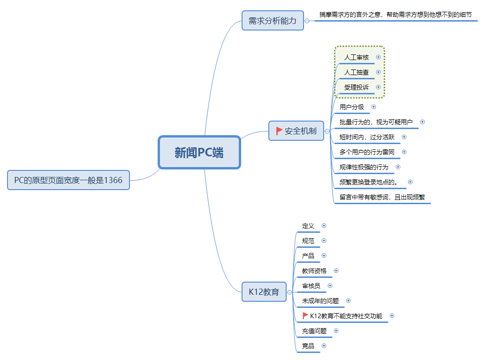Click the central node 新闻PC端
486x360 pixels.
coord(199,153)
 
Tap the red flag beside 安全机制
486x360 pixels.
coord(279,131)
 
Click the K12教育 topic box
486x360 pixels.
coord(264,292)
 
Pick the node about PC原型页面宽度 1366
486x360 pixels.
coord(68,180)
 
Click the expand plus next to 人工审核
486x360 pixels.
coord(378,57)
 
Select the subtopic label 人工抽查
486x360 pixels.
coord(357,72)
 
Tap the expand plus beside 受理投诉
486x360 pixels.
coord(378,87)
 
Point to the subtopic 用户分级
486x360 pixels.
coord(352,107)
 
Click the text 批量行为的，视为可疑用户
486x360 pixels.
coord(376,122)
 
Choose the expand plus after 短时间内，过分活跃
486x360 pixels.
coord(404,137)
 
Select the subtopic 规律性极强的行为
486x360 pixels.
coord(364,167)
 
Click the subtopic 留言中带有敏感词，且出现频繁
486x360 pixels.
coord(382,197)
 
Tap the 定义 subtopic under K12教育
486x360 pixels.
coord(308,226)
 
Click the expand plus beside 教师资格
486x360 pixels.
coord(336,271)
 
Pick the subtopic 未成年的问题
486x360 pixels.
coord(320,301)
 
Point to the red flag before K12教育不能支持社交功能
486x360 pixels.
coord(305,315)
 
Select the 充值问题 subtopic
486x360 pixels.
coord(314,331)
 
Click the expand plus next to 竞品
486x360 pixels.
coord(324,346)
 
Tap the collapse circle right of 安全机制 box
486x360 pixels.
coord(327,131)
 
